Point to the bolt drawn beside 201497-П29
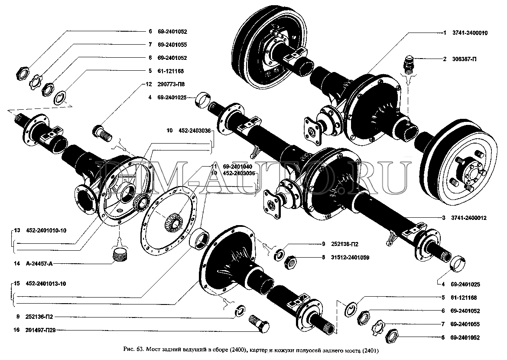(x=259, y=323)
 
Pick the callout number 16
(x=16, y=330)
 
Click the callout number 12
(x=149, y=85)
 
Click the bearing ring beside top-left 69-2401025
(x=202, y=101)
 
